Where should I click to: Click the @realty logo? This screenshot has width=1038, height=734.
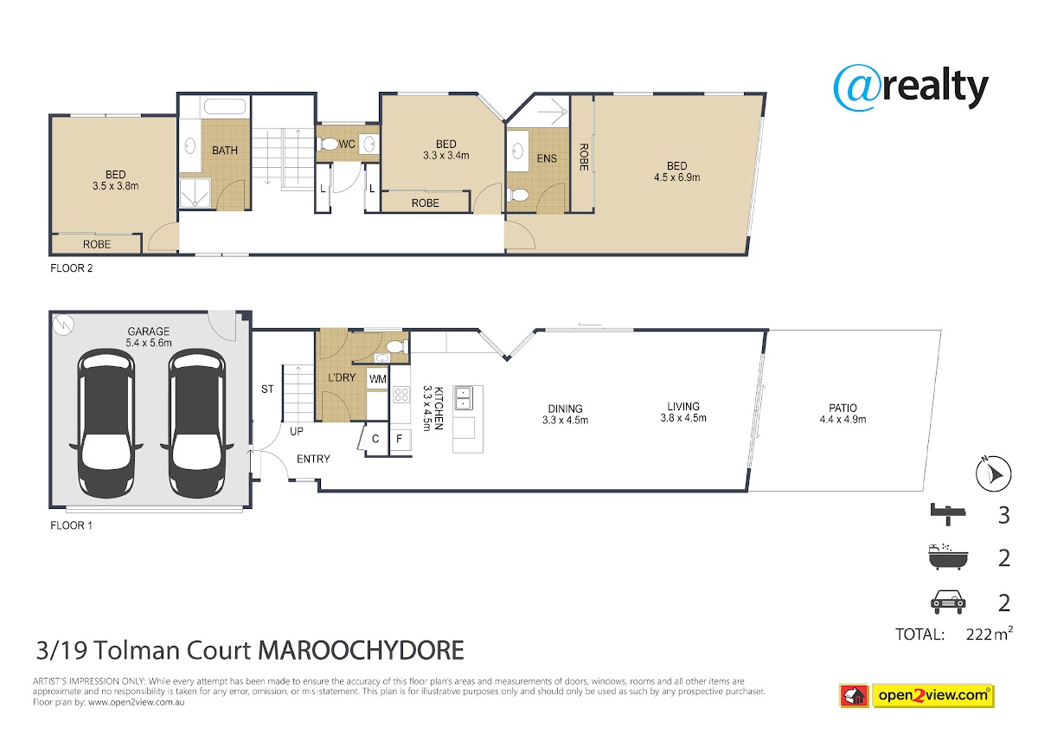[x=911, y=87]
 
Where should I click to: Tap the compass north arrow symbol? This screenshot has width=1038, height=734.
[x=993, y=473]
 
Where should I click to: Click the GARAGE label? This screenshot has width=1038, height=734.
[x=148, y=331]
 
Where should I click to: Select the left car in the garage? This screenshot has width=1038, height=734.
[x=106, y=424]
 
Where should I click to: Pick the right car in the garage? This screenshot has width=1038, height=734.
[x=197, y=424]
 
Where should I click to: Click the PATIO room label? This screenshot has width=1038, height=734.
[x=843, y=408]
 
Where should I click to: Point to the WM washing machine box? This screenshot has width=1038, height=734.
[x=378, y=379]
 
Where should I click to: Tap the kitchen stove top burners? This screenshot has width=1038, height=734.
[x=401, y=395]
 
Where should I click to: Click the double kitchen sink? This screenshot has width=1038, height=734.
[x=463, y=398]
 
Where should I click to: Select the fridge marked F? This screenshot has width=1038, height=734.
[x=400, y=438]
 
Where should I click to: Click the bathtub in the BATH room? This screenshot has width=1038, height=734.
[x=225, y=106]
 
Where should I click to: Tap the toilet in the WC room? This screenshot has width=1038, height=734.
[x=328, y=145]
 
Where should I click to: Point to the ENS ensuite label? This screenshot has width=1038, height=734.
[x=547, y=158]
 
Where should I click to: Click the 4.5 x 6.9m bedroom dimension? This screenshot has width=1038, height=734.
[x=677, y=177]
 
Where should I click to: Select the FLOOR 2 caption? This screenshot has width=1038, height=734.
[x=71, y=268]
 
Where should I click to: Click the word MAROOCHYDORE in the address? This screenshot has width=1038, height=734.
[x=361, y=650]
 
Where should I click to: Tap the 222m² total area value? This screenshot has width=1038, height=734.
[x=990, y=634]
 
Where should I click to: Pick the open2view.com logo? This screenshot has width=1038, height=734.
[x=917, y=696]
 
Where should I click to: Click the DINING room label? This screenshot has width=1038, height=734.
[x=566, y=409]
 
